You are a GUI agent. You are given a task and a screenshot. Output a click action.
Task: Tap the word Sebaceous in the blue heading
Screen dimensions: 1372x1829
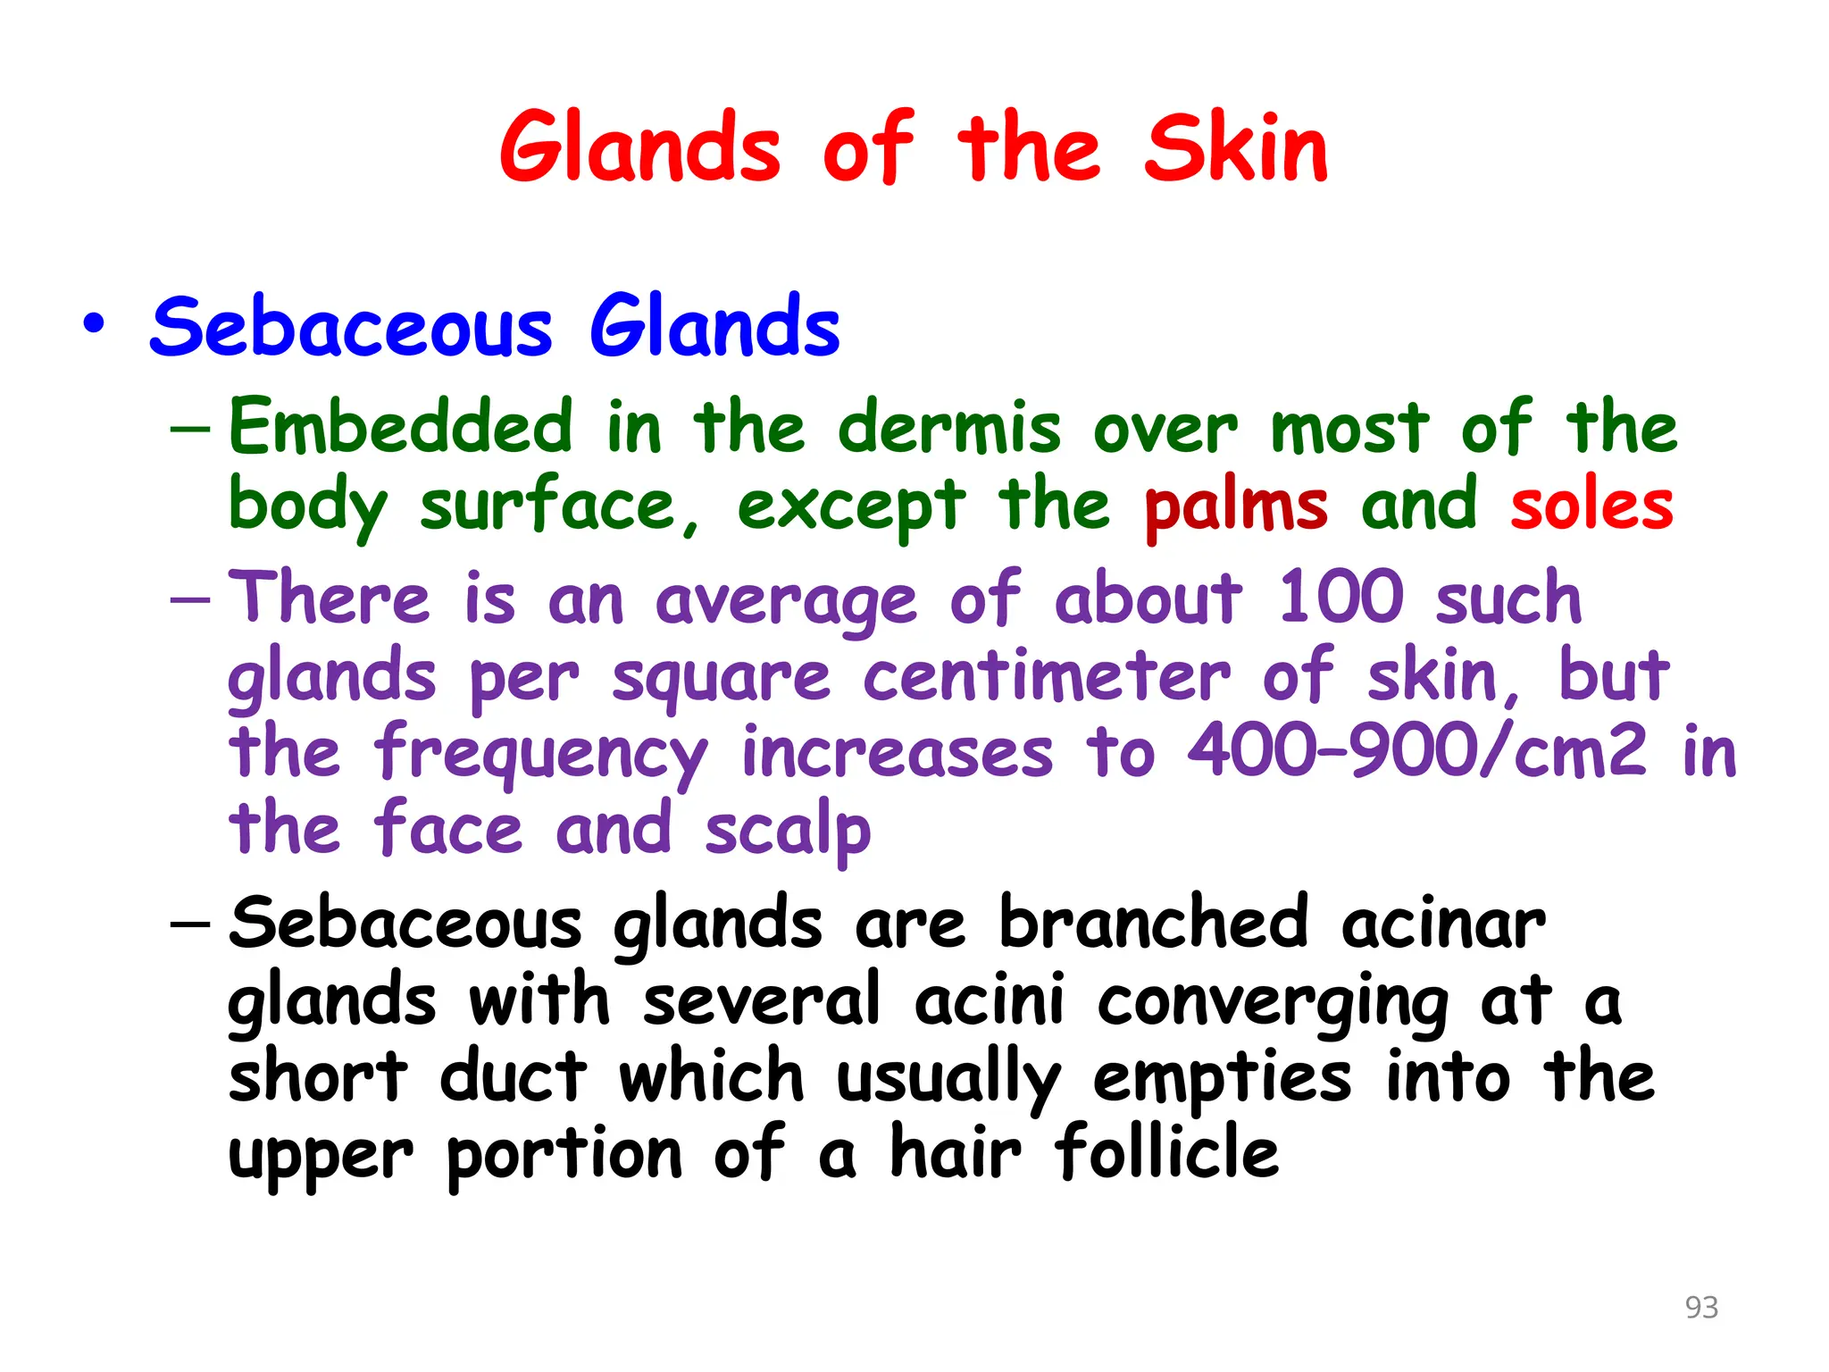(x=351, y=328)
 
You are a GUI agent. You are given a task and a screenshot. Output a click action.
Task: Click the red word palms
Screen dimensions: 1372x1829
(x=1235, y=506)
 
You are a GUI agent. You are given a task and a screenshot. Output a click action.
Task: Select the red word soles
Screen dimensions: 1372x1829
(x=1591, y=506)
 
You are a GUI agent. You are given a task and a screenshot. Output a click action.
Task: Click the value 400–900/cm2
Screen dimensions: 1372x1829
(x=1417, y=751)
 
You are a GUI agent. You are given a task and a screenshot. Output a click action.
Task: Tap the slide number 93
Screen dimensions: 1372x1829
(x=1701, y=1307)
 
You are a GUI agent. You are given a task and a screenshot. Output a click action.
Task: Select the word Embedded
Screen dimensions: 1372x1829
(x=400, y=427)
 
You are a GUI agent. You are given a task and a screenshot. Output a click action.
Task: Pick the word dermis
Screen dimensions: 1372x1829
(x=949, y=427)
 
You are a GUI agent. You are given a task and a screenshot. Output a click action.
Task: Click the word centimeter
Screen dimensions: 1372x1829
(x=1047, y=676)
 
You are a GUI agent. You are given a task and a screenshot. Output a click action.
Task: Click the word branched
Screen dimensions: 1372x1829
(x=1153, y=922)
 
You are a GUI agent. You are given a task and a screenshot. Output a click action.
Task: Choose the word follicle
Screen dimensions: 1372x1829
(x=1166, y=1152)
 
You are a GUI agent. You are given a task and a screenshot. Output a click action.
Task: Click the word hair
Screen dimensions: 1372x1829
(x=955, y=1152)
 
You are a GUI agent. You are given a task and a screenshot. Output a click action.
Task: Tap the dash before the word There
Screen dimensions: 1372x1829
(x=190, y=600)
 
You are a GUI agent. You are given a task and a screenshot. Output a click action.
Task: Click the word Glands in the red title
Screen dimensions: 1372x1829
(x=639, y=149)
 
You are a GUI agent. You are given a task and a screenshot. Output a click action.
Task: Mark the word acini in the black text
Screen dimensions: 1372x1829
(x=990, y=1000)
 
